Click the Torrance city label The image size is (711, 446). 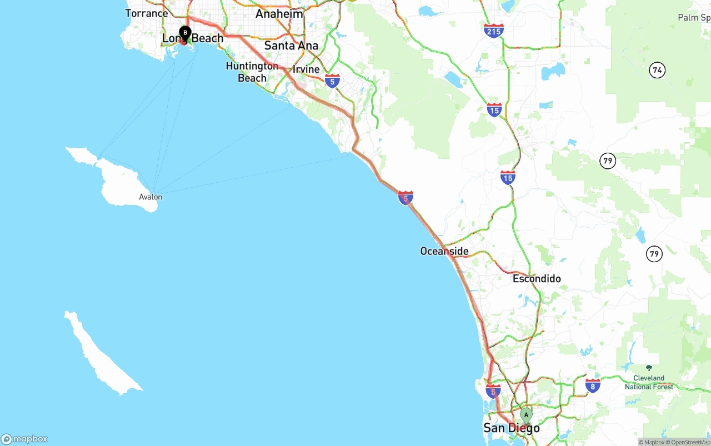pos(147,13)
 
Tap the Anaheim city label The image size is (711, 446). pos(279,14)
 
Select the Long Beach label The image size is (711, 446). pos(193,38)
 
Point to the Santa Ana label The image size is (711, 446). pos(291,46)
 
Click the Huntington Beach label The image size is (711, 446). pos(252,72)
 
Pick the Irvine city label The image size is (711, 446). pos(306,69)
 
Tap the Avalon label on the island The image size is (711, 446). pos(151,197)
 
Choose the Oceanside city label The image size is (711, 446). pos(444,252)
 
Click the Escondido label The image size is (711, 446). pos(537,279)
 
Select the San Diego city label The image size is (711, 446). pos(512,428)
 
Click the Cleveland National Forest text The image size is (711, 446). pos(649,383)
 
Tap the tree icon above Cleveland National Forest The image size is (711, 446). pos(648,368)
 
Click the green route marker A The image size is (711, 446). pos(526,414)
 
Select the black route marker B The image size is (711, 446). pos(185,33)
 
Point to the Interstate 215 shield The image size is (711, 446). pos(494,31)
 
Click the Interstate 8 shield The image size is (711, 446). pos(593,385)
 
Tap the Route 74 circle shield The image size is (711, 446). pos(658,70)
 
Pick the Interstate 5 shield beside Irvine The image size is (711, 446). pos(332,81)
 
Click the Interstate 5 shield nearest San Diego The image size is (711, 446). pos(493,391)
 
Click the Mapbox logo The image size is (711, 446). pos(24,439)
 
